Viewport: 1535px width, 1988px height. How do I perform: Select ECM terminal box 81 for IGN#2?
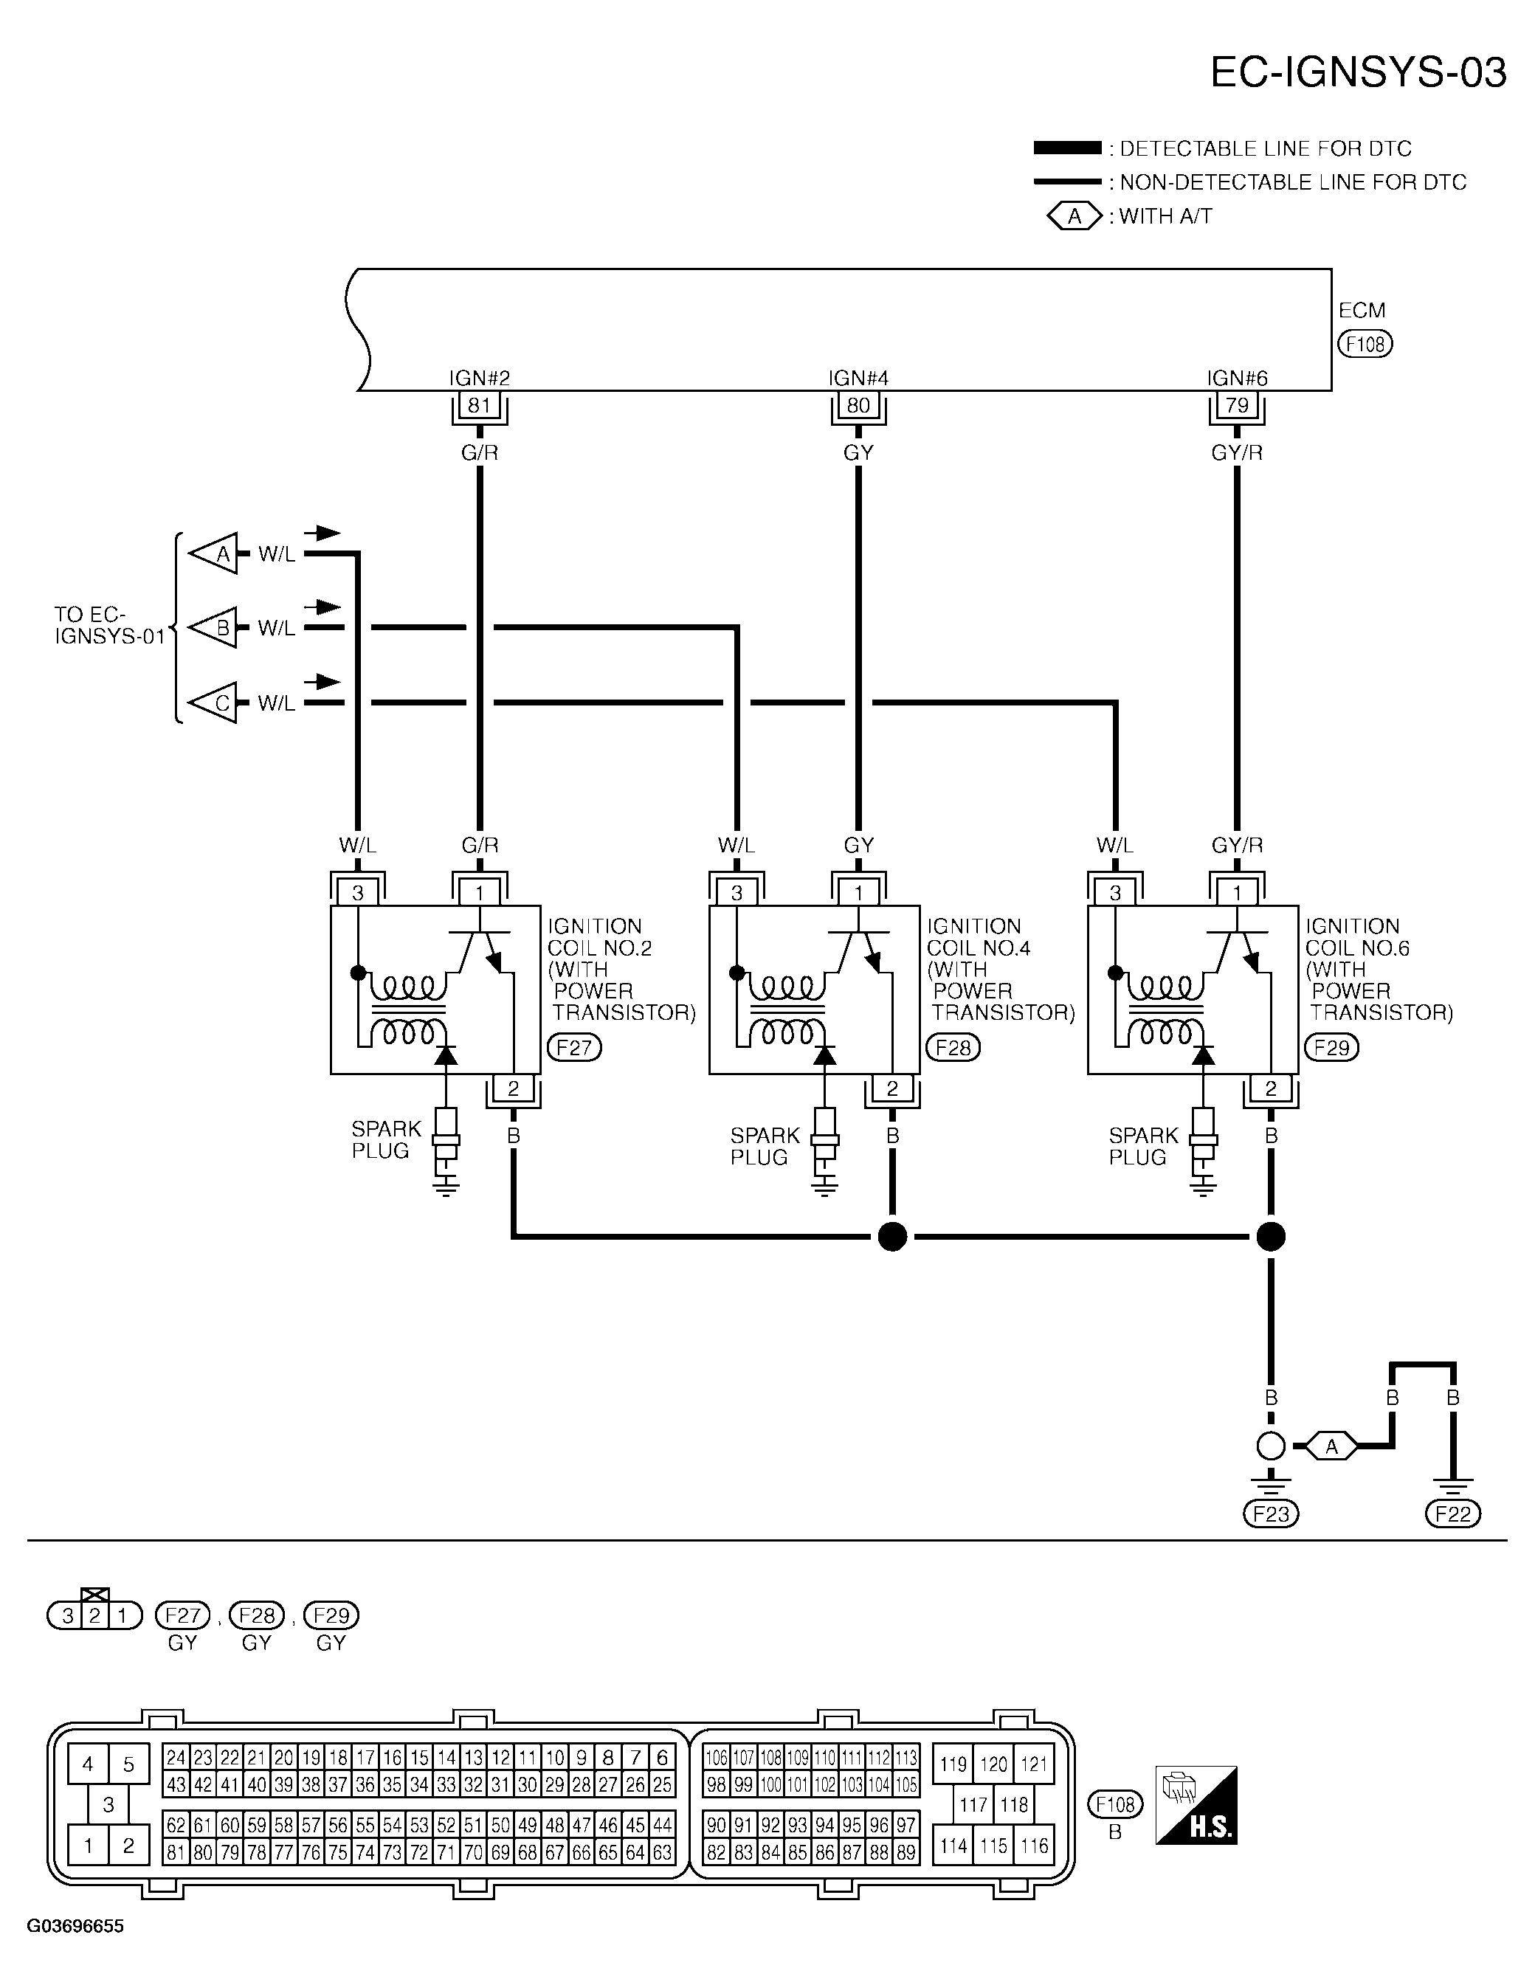click(479, 405)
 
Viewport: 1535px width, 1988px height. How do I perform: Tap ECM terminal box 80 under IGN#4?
click(858, 405)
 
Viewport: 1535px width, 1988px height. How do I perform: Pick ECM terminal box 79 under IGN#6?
click(1236, 405)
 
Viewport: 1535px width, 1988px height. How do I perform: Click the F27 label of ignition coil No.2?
click(574, 1048)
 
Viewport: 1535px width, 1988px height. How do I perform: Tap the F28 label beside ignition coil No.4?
click(953, 1048)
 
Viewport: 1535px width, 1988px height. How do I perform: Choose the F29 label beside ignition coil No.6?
click(1331, 1048)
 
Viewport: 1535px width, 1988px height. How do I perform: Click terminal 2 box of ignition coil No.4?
click(892, 1088)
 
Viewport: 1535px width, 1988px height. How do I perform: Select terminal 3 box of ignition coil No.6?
click(1115, 893)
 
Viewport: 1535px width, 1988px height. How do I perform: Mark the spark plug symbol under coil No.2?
click(446, 1146)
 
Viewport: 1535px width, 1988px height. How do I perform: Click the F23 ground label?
click(1271, 1514)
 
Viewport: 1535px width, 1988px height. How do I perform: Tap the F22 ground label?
click(1453, 1514)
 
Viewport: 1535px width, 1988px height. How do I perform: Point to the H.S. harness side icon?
click(1196, 1806)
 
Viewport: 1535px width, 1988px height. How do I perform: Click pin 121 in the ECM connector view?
click(1034, 1764)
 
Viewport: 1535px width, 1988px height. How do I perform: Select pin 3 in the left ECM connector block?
click(108, 1804)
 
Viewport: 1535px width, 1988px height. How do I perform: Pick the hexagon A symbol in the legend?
click(1074, 217)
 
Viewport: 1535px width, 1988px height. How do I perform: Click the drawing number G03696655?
click(75, 1926)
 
